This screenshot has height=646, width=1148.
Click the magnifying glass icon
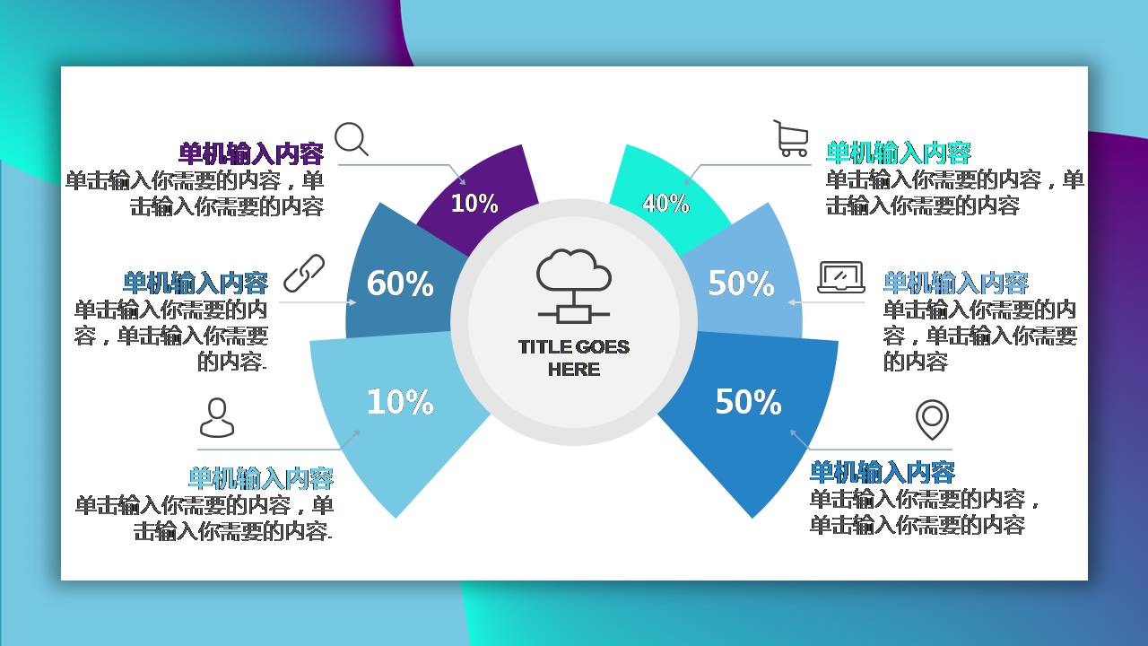click(x=351, y=139)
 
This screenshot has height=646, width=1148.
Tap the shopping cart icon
click(x=791, y=139)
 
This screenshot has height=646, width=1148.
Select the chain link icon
click(x=304, y=274)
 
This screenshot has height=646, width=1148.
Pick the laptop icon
click(x=840, y=277)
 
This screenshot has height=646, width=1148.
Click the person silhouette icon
click(x=216, y=418)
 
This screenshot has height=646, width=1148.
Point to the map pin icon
click(x=932, y=419)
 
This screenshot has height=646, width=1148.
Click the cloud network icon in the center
click(x=574, y=285)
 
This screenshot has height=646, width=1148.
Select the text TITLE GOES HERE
click(x=574, y=358)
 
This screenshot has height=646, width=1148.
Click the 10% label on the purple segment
click(x=474, y=204)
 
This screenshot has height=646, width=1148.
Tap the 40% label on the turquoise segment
click(x=665, y=204)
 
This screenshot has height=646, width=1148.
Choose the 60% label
click(x=400, y=284)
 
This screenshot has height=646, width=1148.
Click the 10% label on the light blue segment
click(x=400, y=402)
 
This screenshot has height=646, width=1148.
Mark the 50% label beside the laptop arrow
click(x=741, y=284)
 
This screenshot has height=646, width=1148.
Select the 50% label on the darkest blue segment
click(x=748, y=402)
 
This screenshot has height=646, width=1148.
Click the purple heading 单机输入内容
click(x=251, y=153)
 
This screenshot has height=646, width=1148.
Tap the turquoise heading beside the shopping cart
click(x=898, y=153)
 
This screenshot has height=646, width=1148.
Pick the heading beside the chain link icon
click(x=196, y=284)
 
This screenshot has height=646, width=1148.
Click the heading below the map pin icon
click(x=882, y=472)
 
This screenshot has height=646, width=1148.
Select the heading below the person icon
click(x=260, y=477)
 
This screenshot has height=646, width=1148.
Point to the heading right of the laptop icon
click(x=955, y=284)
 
